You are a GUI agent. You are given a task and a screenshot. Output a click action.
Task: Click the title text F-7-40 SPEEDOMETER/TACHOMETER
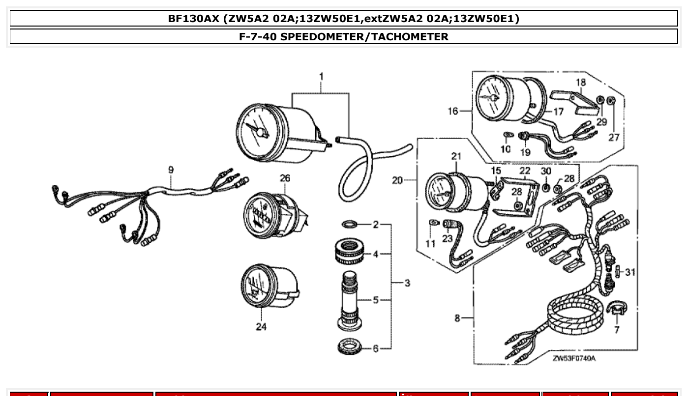click(344, 36)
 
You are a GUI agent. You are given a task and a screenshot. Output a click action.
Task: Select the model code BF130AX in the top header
click(193, 19)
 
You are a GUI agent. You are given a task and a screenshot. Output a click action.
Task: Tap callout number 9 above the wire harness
click(171, 170)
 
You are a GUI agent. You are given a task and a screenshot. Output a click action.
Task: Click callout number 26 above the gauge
click(285, 178)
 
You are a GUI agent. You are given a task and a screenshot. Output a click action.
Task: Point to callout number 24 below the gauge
click(261, 327)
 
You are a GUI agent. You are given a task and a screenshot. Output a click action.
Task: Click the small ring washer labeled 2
click(349, 225)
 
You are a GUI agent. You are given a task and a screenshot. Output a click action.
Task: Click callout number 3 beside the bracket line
click(407, 283)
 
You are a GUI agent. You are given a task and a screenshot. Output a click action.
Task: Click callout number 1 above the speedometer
click(321, 77)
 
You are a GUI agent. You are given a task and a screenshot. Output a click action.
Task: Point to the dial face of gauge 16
click(492, 98)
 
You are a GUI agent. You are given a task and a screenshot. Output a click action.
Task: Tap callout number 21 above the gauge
click(456, 156)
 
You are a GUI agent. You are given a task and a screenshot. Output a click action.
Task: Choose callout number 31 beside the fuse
click(630, 272)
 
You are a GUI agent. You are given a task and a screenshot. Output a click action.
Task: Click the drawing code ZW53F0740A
click(574, 358)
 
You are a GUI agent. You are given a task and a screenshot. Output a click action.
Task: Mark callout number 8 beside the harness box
click(457, 318)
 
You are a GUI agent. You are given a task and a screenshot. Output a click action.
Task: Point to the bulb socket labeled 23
click(449, 225)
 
